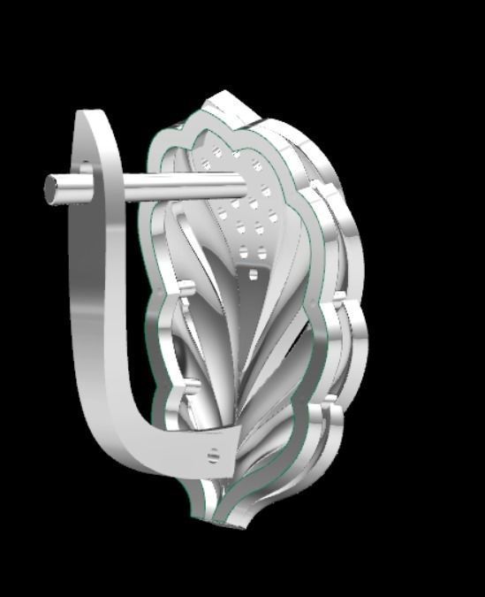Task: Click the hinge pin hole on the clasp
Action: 212,455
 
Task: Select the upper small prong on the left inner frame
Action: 188,287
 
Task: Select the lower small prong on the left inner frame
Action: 188,386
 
